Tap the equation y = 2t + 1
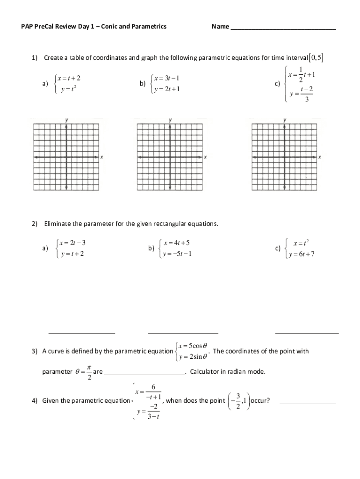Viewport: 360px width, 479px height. pyautogui.click(x=167, y=89)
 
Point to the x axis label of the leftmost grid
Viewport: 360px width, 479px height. pyautogui.click(x=102, y=157)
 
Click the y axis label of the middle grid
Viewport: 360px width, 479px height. pyautogui.click(x=170, y=120)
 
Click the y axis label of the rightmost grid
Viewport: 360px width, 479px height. pyautogui.click(x=285, y=120)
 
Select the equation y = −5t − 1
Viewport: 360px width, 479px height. pyautogui.click(x=177, y=254)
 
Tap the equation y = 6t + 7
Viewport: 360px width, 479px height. pyautogui.click(x=302, y=254)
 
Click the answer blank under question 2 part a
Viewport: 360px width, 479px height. pyautogui.click(x=82, y=333)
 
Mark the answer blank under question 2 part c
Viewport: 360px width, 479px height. pyautogui.click(x=307, y=333)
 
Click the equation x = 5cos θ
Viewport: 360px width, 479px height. pyautogui.click(x=192, y=346)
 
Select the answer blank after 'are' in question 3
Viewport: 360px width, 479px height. pyautogui.click(x=144, y=374)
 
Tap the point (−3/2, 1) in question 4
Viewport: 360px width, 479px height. pyautogui.click(x=238, y=400)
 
